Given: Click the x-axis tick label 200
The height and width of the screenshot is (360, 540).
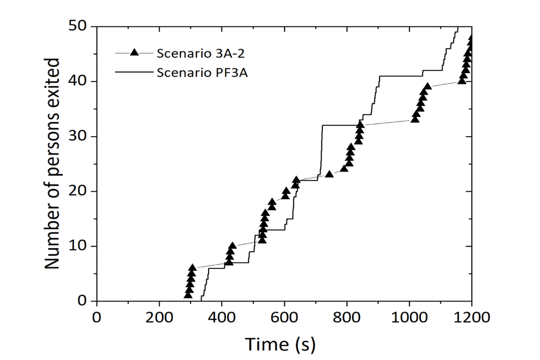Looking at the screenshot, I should point(159,317).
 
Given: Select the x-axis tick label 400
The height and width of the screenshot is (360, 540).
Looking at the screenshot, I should point(222,317).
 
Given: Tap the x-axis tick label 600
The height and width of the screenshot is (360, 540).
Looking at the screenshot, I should point(284,317).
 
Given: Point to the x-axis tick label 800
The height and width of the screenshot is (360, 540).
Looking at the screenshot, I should point(346,317).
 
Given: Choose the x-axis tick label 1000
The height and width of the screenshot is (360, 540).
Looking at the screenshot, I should point(409,317).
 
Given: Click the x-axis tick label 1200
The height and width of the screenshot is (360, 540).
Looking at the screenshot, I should point(471,317).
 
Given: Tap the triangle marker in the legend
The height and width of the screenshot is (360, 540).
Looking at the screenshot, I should point(134,53).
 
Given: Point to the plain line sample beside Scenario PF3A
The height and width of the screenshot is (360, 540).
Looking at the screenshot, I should point(134,71).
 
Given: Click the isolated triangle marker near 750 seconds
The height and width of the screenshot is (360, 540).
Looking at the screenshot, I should point(330,174).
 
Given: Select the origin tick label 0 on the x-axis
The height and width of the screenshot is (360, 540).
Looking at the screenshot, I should point(97,317).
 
